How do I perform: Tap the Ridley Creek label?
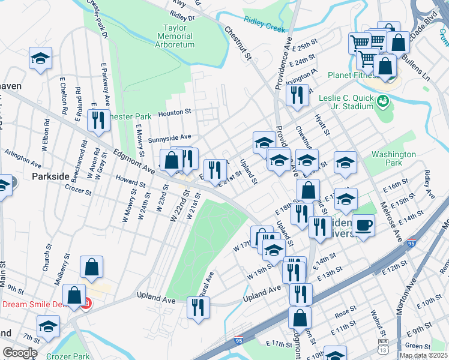click(x=262, y=28)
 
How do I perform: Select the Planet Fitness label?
click(x=354, y=76)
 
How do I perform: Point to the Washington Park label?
click(x=394, y=158)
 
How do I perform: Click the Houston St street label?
click(x=174, y=112)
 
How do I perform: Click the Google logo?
click(x=19, y=352)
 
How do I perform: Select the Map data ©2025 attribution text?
click(x=423, y=355)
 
